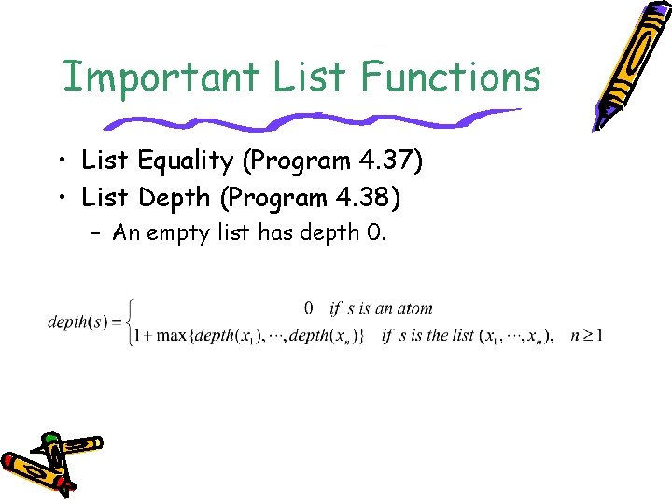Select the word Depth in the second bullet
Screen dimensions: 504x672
point(174,198)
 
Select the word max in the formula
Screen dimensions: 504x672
point(171,336)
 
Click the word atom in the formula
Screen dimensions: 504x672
point(414,308)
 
